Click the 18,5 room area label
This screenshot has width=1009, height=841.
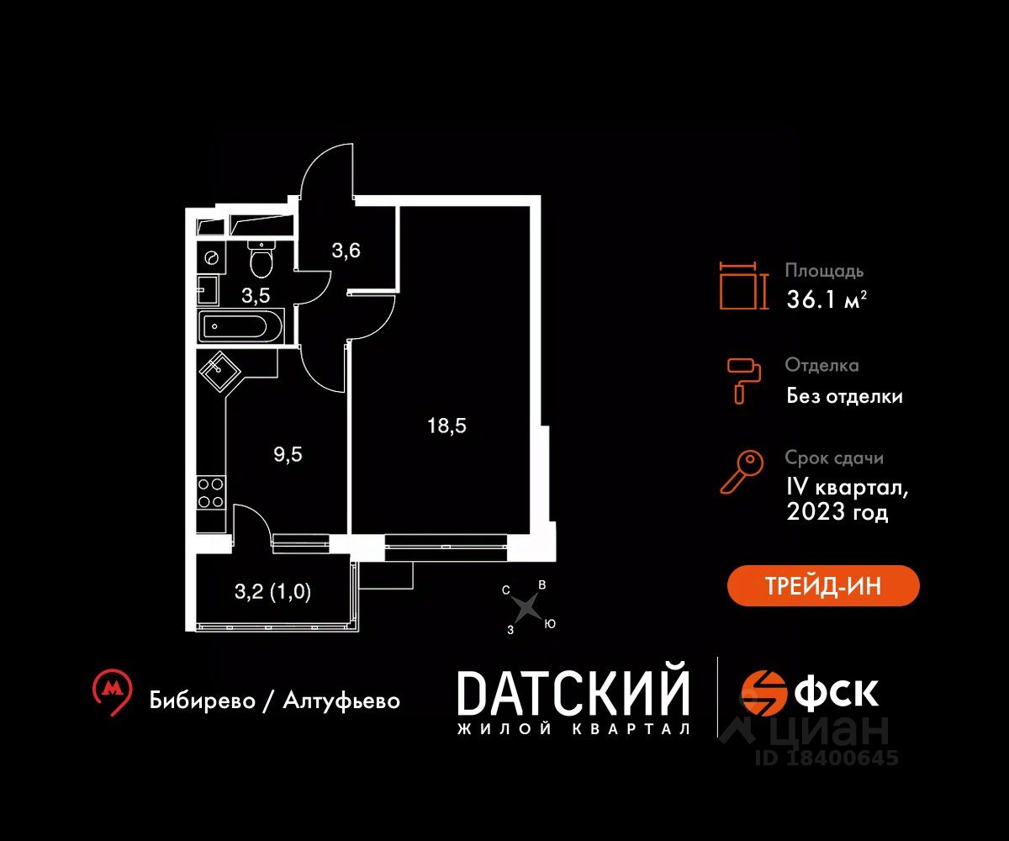coord(446,426)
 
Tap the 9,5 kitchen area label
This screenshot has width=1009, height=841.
coord(288,455)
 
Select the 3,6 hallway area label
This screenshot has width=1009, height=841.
coord(346,251)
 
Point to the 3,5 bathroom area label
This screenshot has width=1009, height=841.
coord(256,294)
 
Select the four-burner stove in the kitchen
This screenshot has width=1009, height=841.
coord(211,492)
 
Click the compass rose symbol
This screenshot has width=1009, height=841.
coord(526,605)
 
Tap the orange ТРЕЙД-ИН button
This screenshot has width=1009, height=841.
coord(823,585)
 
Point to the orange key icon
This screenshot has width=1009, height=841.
coord(742,472)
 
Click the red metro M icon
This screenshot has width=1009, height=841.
coord(112,692)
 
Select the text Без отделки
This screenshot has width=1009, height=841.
coord(844,395)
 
